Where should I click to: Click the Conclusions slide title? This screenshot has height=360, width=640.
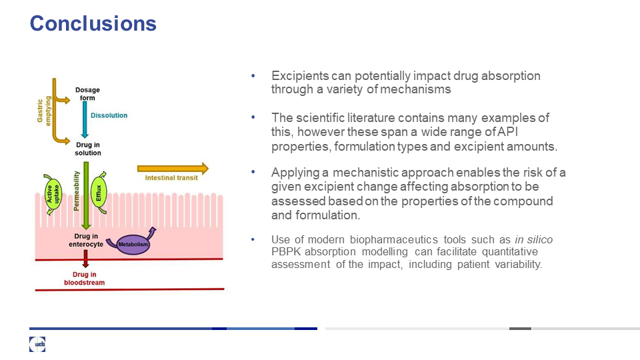(x=93, y=23)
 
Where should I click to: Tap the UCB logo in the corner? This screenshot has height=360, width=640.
(x=37, y=344)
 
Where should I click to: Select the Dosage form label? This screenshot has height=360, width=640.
(x=87, y=94)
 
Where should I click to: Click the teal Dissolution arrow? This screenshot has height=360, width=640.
(x=85, y=119)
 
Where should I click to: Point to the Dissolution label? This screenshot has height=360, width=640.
(x=109, y=115)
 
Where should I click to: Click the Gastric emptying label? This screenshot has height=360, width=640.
(x=44, y=111)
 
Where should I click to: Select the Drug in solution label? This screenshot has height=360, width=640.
(x=88, y=149)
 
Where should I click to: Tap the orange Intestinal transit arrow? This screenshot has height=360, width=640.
(x=173, y=168)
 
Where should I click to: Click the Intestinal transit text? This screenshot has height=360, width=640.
(x=171, y=178)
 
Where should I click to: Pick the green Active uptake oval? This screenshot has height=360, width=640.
(x=53, y=194)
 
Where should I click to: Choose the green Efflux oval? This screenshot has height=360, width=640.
(x=99, y=193)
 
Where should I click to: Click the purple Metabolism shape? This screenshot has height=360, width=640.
(x=133, y=244)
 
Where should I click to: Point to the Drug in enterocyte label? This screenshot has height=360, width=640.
(x=86, y=241)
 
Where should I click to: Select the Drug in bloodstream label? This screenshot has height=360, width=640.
(x=85, y=279)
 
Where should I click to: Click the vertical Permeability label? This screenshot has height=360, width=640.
(x=76, y=191)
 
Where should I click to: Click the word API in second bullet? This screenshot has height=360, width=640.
(x=508, y=132)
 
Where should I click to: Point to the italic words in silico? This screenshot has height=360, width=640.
(x=533, y=239)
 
